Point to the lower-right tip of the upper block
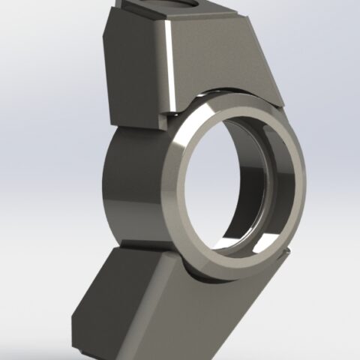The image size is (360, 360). click(281, 101)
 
